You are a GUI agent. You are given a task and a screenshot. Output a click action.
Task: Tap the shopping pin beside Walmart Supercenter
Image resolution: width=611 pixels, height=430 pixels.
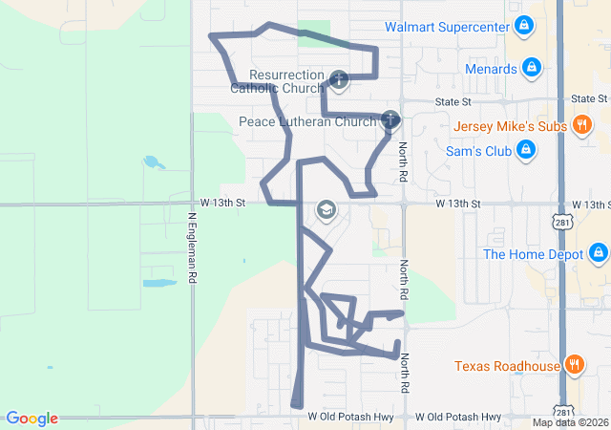523,26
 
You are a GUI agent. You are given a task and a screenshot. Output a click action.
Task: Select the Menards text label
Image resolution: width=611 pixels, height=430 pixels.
491,69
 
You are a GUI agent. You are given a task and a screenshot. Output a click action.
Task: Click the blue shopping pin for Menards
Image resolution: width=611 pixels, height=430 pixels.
533,68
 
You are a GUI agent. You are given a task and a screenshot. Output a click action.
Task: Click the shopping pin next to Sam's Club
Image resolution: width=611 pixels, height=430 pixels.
524,150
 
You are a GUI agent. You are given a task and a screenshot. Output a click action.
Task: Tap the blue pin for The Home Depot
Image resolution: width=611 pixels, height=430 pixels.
598,253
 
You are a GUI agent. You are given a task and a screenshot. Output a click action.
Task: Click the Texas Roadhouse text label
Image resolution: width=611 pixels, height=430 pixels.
506,365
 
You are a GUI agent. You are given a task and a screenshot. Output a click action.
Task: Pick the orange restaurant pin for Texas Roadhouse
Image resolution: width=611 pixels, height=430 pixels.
574,364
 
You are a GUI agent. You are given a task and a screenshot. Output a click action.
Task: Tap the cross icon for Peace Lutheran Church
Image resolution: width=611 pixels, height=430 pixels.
390,120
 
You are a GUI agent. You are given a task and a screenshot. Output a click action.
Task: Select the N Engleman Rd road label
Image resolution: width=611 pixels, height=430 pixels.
192,247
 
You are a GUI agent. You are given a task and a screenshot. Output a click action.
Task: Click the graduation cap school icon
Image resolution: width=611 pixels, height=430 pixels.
327,210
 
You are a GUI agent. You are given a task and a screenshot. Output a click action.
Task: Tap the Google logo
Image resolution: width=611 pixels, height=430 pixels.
32,419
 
